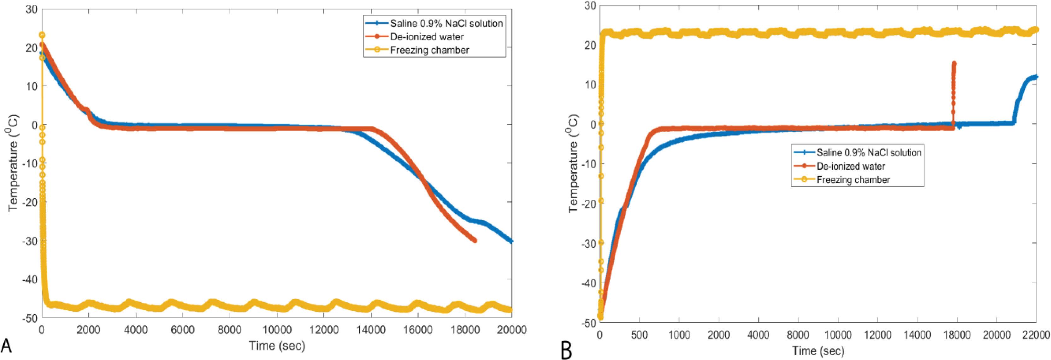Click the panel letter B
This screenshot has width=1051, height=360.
(566, 350)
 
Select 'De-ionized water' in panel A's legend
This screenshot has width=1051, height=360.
(427, 37)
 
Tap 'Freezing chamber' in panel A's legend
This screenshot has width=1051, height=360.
(430, 50)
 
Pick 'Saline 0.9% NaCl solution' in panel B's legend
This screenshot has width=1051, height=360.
(869, 152)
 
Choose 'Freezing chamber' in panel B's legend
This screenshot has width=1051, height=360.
(853, 180)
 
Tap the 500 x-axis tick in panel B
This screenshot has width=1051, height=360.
(639, 335)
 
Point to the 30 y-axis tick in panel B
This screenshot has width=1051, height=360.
(590, 6)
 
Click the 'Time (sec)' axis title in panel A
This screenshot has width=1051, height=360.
(277, 346)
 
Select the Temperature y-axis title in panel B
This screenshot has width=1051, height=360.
(573, 164)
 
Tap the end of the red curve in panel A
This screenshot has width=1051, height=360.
(475, 240)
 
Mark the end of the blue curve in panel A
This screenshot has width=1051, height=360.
(511, 241)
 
